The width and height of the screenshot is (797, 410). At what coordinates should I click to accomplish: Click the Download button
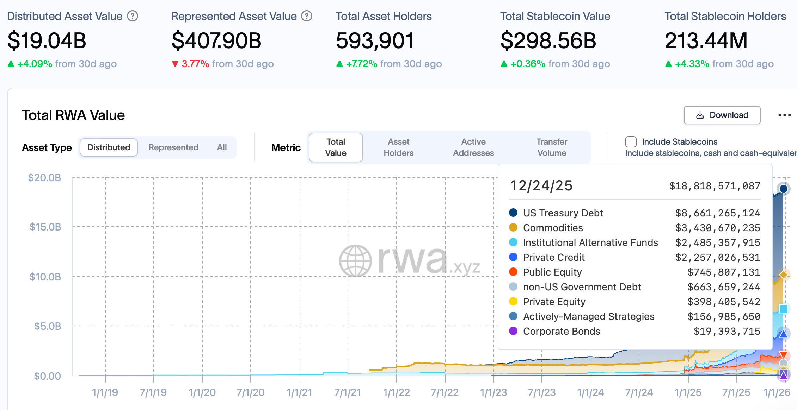click(722, 115)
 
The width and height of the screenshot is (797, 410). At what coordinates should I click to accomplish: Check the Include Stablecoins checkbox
click(631, 142)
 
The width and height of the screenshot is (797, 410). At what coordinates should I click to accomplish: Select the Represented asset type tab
click(173, 147)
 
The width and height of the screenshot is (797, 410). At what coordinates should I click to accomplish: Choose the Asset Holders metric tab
click(398, 147)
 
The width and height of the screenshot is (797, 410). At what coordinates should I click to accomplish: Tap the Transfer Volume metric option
click(552, 147)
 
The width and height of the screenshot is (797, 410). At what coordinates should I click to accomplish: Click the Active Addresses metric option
click(473, 147)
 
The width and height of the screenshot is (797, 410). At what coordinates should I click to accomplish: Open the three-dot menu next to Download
click(784, 115)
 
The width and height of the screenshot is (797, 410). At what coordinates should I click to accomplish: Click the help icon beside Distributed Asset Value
click(133, 16)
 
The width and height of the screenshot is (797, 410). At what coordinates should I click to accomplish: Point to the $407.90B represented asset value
click(216, 40)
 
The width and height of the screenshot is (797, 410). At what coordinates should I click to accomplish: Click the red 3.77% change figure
click(195, 64)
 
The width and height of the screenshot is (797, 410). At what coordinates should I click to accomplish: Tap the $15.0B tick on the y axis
click(45, 227)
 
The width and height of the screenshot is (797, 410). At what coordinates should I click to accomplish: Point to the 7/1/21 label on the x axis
click(348, 392)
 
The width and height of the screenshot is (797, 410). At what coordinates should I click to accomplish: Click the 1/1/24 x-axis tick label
click(590, 392)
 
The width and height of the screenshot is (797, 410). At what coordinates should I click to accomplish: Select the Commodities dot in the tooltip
click(513, 228)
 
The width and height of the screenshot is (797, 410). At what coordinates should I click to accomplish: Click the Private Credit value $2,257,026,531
click(718, 258)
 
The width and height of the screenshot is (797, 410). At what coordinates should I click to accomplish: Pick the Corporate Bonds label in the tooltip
click(562, 332)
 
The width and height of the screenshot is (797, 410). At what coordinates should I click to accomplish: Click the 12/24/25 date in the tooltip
click(541, 186)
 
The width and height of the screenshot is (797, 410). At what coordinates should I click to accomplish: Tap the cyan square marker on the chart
click(783, 309)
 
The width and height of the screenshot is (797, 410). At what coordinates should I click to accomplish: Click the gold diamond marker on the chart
click(783, 275)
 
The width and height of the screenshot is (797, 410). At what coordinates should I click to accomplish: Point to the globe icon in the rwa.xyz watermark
click(355, 261)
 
